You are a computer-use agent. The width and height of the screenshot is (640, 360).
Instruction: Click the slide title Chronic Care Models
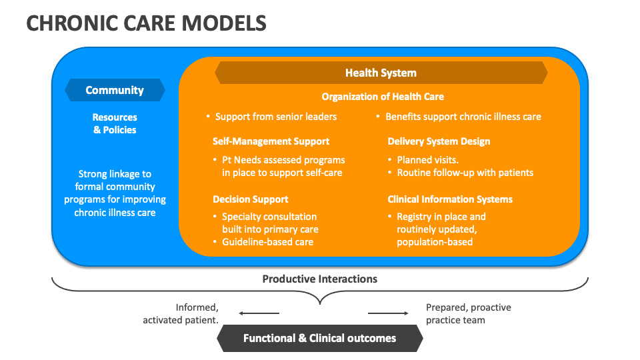pyautogui.click(x=147, y=23)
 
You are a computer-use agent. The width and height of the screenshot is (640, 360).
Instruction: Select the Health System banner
pyautogui.click(x=381, y=73)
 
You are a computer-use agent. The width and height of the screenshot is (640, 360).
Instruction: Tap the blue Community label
pyautogui.click(x=115, y=90)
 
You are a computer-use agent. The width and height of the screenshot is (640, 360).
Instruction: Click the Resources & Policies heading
pyautogui.click(x=115, y=123)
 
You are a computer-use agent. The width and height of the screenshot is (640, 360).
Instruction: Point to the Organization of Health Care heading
pyautogui.click(x=383, y=97)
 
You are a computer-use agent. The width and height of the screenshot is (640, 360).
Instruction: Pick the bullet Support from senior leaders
pyautogui.click(x=275, y=117)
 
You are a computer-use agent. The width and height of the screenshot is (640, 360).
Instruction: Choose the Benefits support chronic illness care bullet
pyautogui.click(x=463, y=117)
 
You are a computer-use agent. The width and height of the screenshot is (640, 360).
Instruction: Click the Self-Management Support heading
pyautogui.click(x=271, y=141)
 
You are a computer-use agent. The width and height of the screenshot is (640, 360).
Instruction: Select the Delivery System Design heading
pyautogui.click(x=439, y=141)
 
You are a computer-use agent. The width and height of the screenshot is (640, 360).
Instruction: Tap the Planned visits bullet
pyautogui.click(x=427, y=160)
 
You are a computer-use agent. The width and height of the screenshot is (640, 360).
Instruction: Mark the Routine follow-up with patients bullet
pyautogui.click(x=465, y=173)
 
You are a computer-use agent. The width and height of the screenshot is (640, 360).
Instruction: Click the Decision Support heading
pyautogui.click(x=250, y=199)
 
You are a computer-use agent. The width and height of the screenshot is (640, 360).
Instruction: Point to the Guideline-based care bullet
pyautogui.click(x=267, y=242)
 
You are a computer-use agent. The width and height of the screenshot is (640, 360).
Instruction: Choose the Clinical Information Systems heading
pyautogui.click(x=450, y=199)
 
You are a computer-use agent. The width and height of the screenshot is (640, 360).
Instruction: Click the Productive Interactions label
pyautogui.click(x=320, y=279)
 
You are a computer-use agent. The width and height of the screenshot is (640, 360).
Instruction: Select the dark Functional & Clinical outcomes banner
pyautogui.click(x=320, y=338)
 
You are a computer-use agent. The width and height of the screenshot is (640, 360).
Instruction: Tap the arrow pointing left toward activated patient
pyautogui.click(x=259, y=313)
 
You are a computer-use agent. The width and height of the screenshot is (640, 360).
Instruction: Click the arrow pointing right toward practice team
pyautogui.click(x=388, y=313)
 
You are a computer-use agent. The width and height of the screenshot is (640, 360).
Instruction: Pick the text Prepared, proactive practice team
pyautogui.click(x=468, y=314)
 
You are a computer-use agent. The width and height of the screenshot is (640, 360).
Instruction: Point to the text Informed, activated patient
pyautogui.click(x=181, y=314)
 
